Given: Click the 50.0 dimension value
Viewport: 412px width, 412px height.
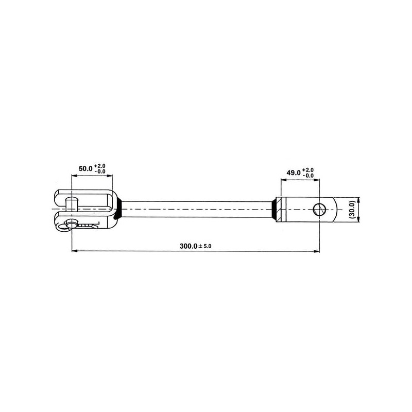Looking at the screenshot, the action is pyautogui.click(x=85, y=169).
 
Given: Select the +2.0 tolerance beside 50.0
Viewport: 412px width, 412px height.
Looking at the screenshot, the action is pyautogui.click(x=100, y=166).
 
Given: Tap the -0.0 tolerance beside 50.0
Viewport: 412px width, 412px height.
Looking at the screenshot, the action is pyautogui.click(x=100, y=171).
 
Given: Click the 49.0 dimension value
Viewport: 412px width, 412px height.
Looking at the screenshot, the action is pyautogui.click(x=294, y=173).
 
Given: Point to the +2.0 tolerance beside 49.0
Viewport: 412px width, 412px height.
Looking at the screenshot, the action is pyautogui.click(x=308, y=170).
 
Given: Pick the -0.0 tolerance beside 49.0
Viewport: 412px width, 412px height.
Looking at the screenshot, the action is pyautogui.click(x=308, y=176).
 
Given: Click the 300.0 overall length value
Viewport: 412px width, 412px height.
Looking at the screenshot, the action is pyautogui.click(x=188, y=246).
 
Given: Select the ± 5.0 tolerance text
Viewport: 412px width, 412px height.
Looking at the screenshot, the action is pyautogui.click(x=204, y=247).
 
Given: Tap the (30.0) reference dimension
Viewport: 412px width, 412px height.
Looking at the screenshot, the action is pyautogui.click(x=352, y=209).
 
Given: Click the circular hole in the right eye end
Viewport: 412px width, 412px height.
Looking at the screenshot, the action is pyautogui.click(x=319, y=210).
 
